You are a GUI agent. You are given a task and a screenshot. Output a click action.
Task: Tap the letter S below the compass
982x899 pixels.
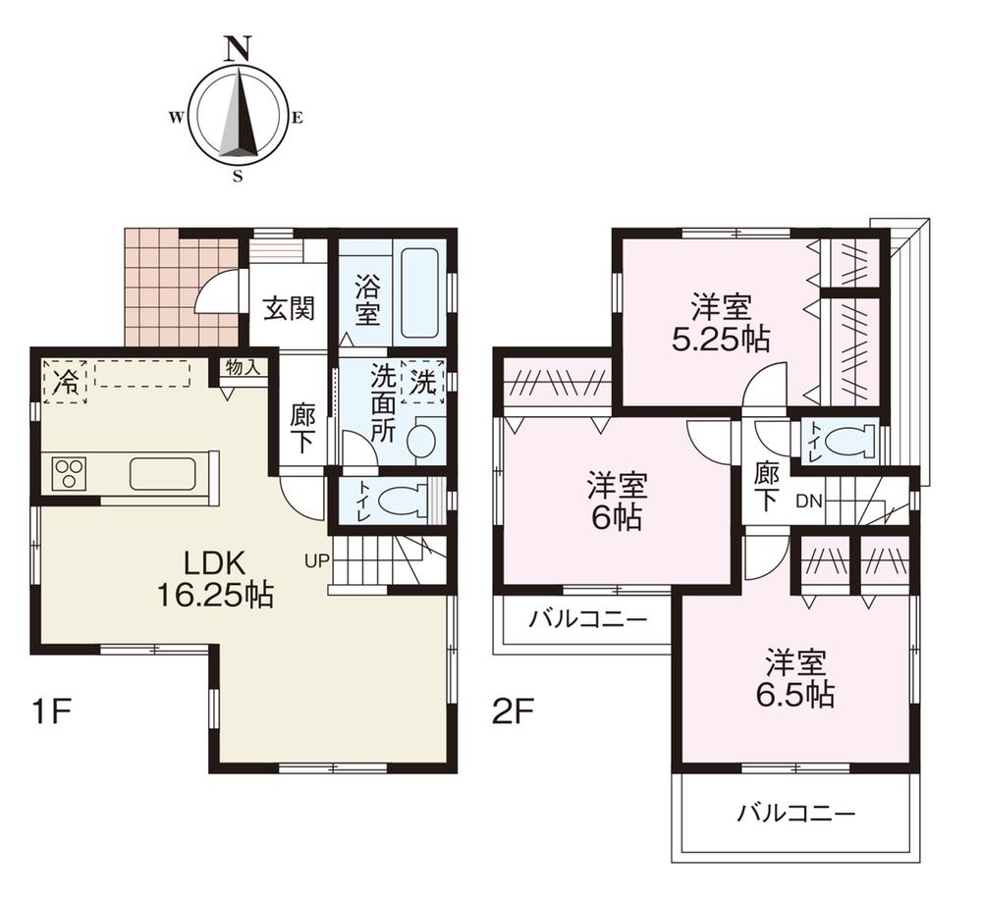pyautogui.click(x=238, y=177)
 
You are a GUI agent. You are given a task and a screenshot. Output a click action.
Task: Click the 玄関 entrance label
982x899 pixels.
pyautogui.click(x=288, y=309)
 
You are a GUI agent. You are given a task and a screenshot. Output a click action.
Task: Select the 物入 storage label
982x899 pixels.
pyautogui.click(x=243, y=368)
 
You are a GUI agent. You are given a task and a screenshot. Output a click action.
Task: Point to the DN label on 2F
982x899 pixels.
pyautogui.click(x=807, y=502)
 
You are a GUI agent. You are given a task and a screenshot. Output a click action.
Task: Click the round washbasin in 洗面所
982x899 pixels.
pyautogui.click(x=422, y=440)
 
